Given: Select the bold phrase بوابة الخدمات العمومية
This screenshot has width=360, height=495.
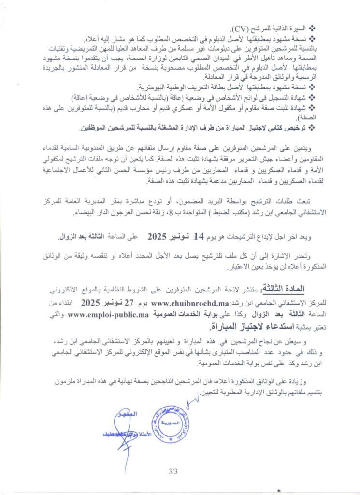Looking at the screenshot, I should (x=189, y=316).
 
